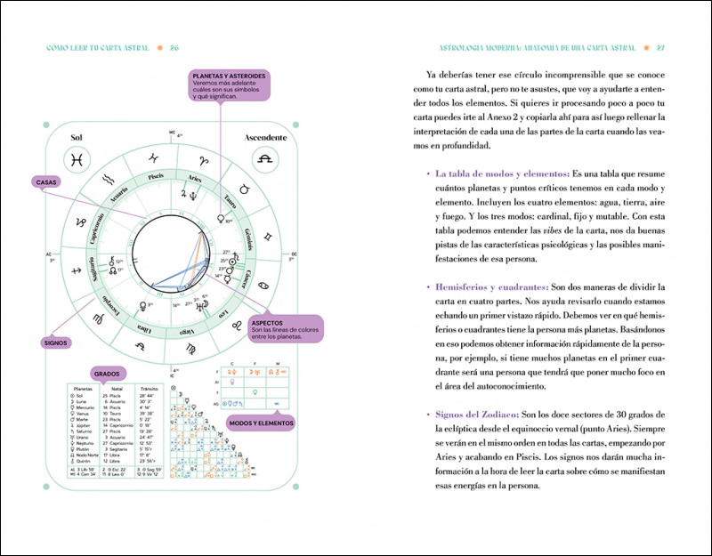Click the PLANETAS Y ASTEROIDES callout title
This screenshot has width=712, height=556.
228,77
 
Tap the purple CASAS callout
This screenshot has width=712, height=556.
45,181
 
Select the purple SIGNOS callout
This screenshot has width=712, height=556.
56,341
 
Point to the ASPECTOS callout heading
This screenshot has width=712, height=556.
269,323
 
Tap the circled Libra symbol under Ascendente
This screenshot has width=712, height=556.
264,160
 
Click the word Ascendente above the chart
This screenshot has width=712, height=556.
265,139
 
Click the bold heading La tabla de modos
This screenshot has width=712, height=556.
489,173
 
